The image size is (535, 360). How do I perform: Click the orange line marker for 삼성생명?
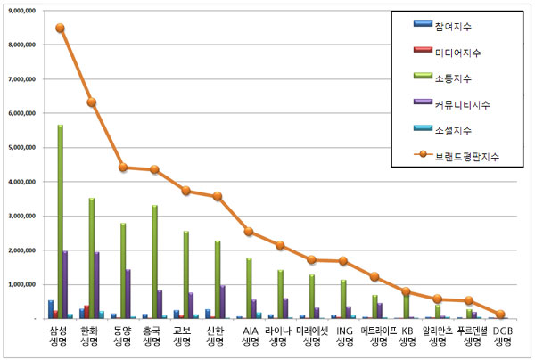[60, 28]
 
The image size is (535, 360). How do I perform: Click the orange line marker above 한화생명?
[91, 102]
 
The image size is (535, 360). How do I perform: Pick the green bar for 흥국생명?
[154, 262]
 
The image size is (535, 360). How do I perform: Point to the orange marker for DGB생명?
[500, 315]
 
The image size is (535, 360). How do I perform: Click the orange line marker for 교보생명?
[185, 191]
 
